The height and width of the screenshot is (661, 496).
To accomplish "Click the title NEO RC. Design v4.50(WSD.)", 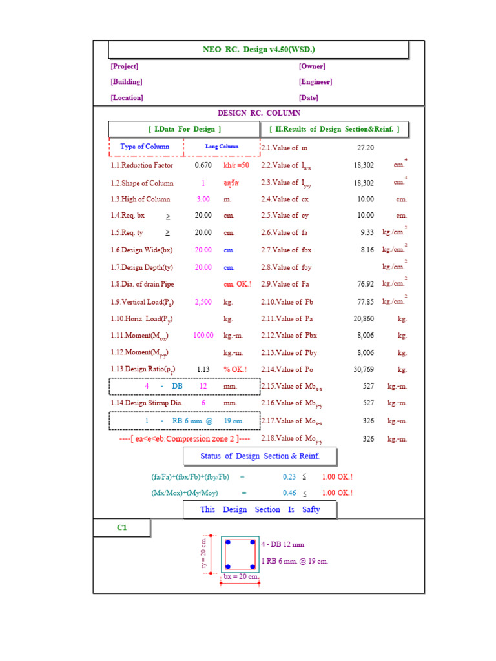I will [258, 50].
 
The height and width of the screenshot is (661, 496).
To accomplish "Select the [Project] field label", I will [124, 66].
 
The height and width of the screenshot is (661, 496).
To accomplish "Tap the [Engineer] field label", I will [315, 82].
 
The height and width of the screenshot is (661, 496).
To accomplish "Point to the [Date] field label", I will [308, 98].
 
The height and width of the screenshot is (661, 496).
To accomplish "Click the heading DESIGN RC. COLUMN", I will [258, 113].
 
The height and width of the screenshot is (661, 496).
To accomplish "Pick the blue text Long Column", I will [222, 147].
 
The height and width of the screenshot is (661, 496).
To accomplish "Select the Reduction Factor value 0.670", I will [203, 165].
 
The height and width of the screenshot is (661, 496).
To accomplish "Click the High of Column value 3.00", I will [203, 199].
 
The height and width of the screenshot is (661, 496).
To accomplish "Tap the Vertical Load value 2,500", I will [203, 301].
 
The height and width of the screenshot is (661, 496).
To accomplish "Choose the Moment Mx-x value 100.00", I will [203, 336].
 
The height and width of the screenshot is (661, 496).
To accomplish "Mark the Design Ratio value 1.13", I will [203, 369].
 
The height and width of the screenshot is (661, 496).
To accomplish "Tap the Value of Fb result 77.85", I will [365, 301].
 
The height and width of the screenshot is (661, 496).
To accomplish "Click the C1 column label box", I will [122, 528].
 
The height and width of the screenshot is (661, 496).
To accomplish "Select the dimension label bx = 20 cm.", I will [241, 576].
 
